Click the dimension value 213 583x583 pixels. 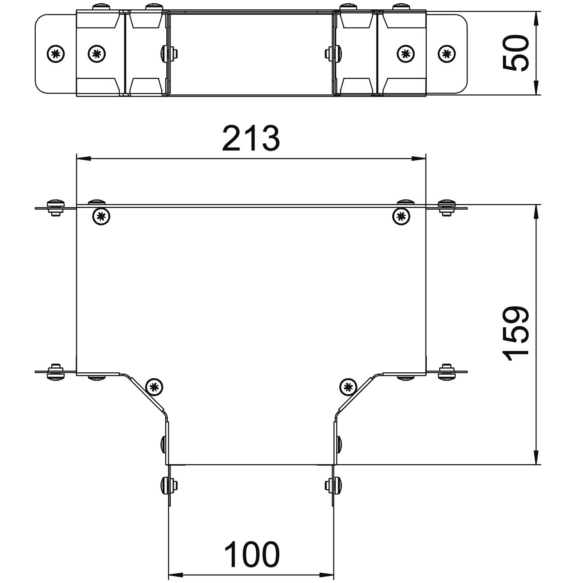point(251,138)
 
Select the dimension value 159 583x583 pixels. point(515,334)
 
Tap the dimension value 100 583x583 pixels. point(252,554)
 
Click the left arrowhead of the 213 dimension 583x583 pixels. point(84,158)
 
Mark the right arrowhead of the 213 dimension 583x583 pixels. point(419,158)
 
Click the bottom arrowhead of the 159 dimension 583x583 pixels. point(536,457)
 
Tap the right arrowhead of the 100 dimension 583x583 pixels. point(326,574)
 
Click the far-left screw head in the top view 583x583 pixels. point(56,53)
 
